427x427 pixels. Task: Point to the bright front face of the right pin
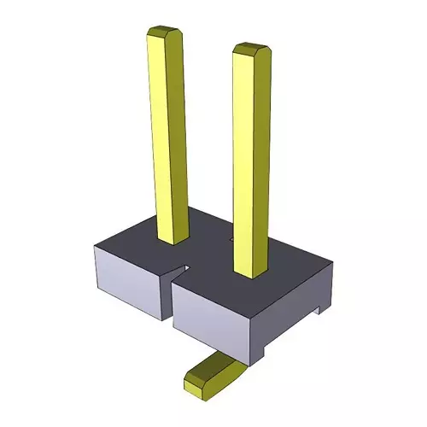coord(246,162)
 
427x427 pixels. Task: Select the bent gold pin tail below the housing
coord(213,372)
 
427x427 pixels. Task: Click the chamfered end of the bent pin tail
coord(196,383)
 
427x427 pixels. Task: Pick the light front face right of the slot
coord(213,316)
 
